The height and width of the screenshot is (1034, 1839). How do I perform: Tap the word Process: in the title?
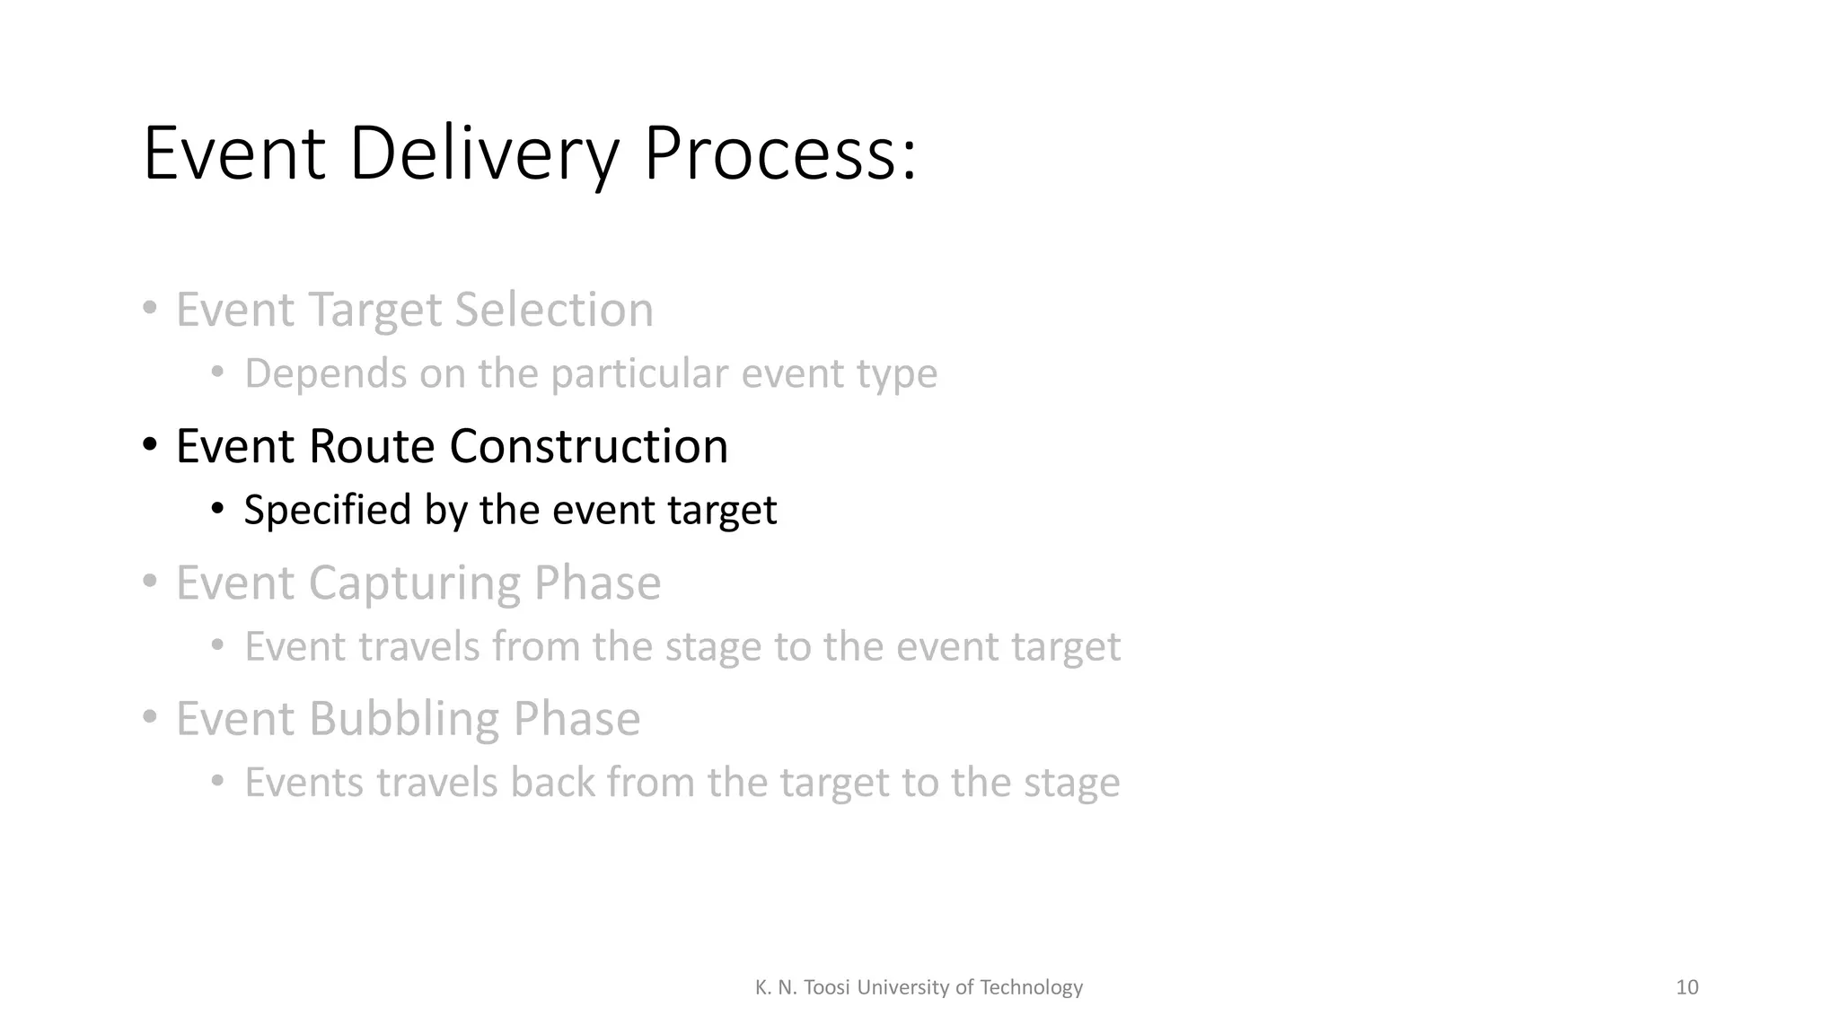click(779, 154)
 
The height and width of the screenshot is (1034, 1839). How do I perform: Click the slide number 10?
click(1686, 987)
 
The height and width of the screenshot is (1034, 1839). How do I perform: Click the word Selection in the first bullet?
click(553, 310)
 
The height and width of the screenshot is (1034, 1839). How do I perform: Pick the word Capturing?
click(414, 583)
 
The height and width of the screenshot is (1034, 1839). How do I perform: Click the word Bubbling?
click(403, 719)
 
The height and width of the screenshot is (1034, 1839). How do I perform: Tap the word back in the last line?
click(552, 782)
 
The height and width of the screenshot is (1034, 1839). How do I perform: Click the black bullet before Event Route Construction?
click(150, 444)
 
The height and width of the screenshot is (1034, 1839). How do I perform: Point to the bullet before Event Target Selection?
click(150, 309)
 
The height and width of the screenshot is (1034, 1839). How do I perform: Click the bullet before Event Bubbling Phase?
click(150, 718)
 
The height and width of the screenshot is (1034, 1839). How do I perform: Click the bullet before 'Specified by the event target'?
click(217, 510)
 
